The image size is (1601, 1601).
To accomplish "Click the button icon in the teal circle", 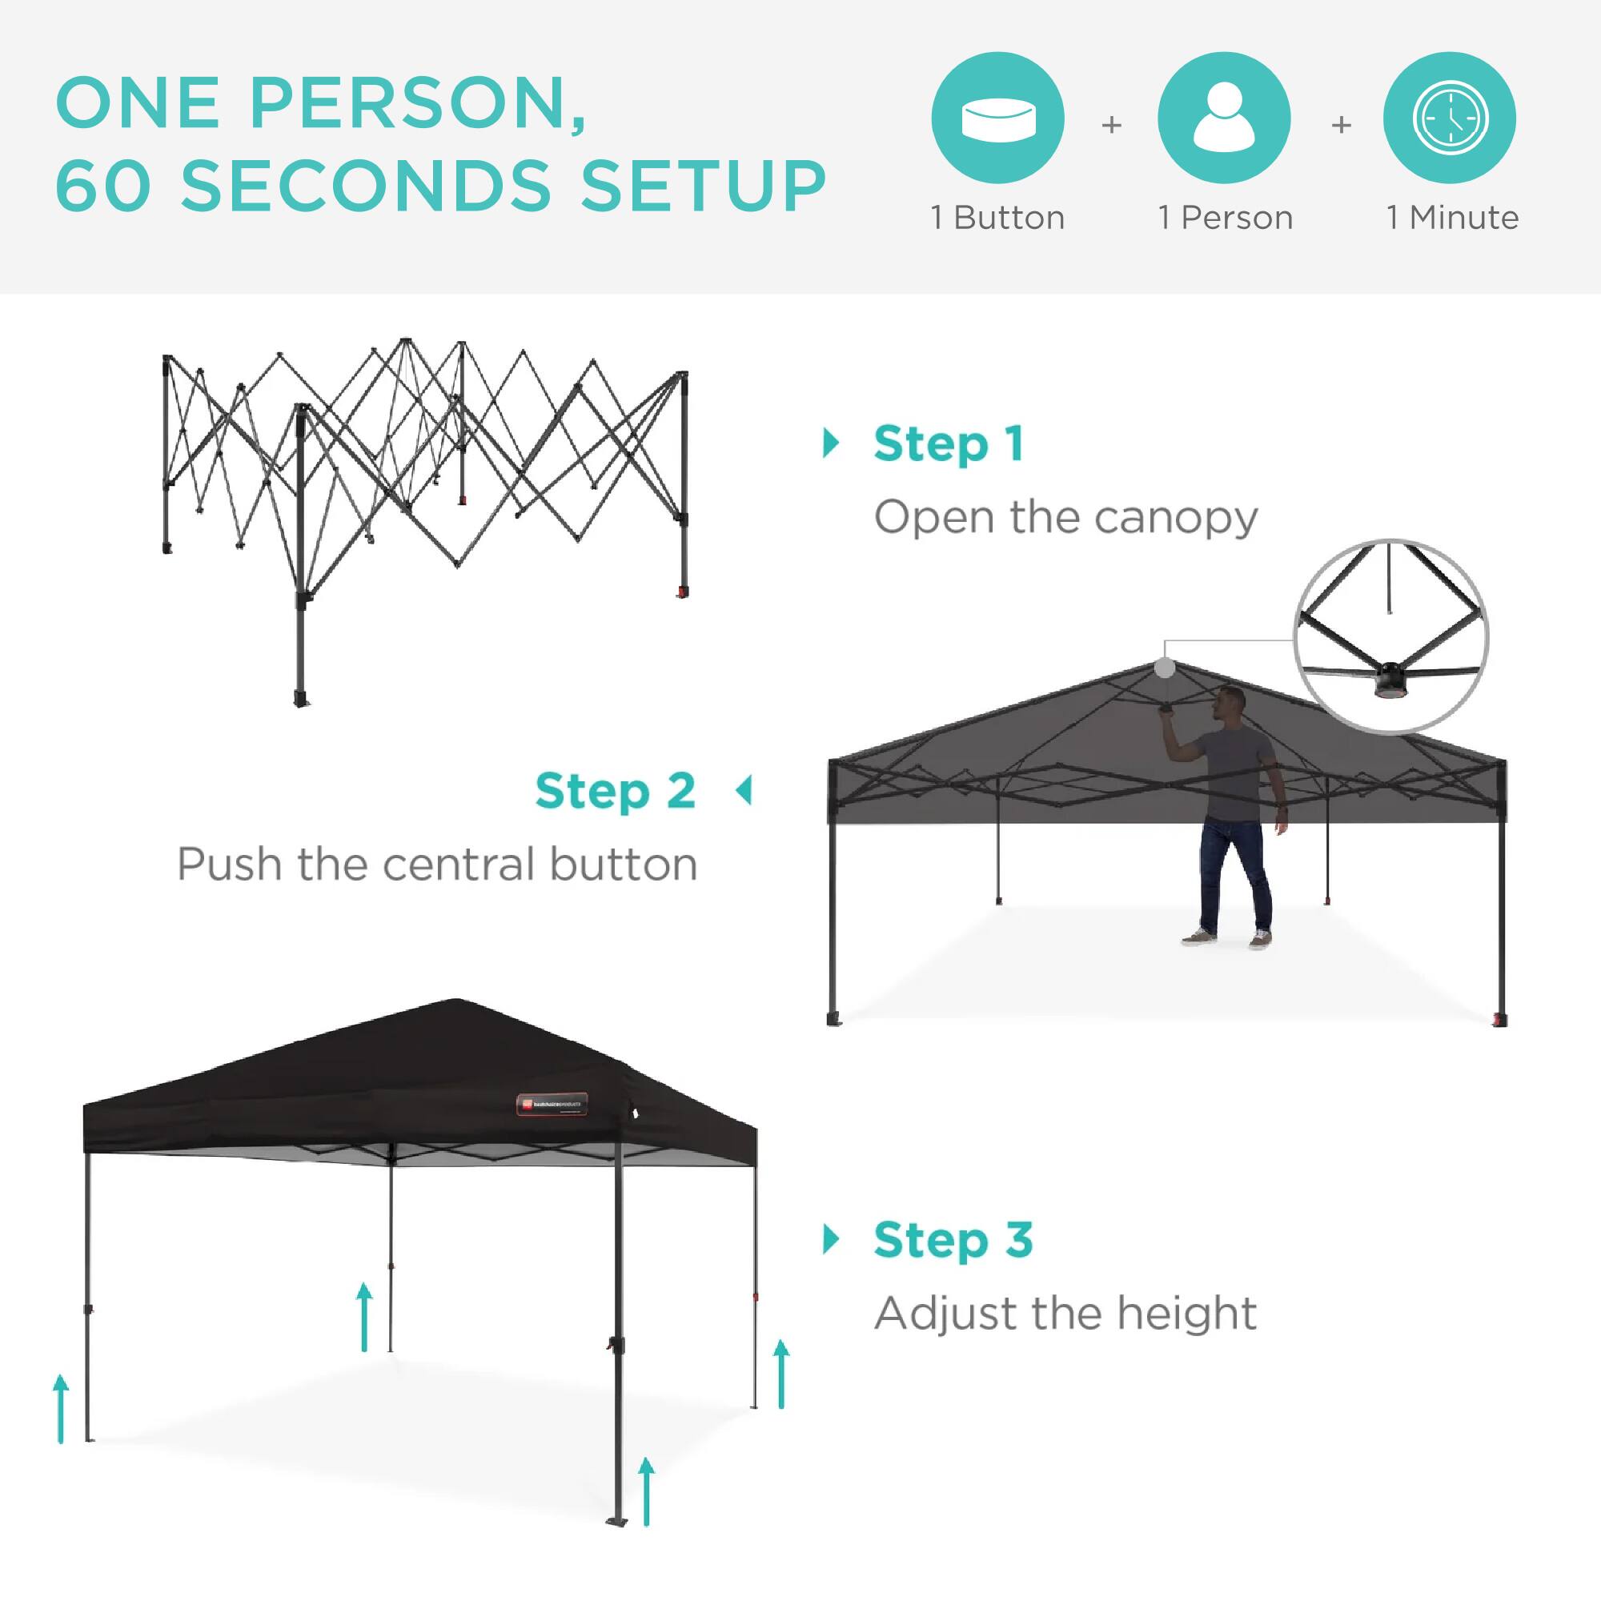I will tap(997, 118).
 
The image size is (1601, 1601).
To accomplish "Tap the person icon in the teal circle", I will tap(1224, 118).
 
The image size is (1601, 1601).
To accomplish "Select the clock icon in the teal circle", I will tap(1450, 118).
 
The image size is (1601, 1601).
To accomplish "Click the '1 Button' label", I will tap(997, 218).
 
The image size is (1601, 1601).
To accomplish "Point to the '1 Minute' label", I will tap(1453, 218).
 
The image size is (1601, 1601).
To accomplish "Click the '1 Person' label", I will tap(1225, 218).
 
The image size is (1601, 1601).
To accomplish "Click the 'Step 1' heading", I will tap(949, 444).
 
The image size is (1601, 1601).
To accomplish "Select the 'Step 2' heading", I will tap(615, 791).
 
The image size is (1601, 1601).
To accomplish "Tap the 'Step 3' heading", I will tap(953, 1241).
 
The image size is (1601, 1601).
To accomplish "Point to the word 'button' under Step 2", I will tap(622, 865).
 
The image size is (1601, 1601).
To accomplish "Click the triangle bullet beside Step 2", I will tap(744, 791).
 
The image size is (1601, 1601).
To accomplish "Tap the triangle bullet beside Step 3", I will tap(830, 1240).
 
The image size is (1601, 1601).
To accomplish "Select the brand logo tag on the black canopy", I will tap(552, 1104).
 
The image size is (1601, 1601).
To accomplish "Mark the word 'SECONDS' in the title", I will tap(367, 185).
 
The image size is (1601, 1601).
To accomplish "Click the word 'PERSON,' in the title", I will tap(418, 103).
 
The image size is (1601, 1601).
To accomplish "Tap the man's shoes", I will tap(1226, 938).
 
